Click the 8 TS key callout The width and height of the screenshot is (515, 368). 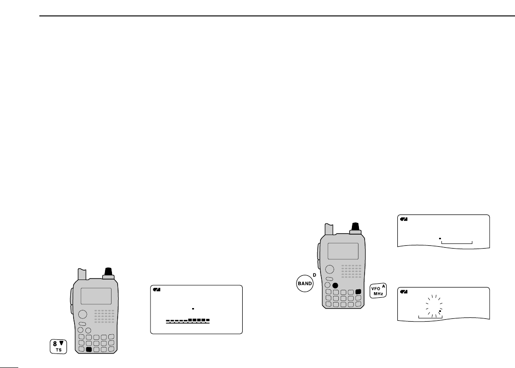click(x=59, y=346)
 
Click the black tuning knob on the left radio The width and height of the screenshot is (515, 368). click(x=109, y=272)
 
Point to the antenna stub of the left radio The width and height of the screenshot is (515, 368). click(x=82, y=273)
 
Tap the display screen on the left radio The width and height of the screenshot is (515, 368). click(x=96, y=296)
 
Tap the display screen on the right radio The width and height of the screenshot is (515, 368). click(x=343, y=250)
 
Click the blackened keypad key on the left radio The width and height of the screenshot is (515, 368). click(x=90, y=349)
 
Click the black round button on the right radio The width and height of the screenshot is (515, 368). click(x=335, y=285)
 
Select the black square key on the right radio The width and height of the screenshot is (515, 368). click(x=358, y=292)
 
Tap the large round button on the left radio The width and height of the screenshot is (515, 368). click(x=82, y=314)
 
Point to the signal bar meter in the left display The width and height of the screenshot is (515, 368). click(x=188, y=321)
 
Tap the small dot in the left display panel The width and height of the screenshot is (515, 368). click(x=193, y=309)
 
